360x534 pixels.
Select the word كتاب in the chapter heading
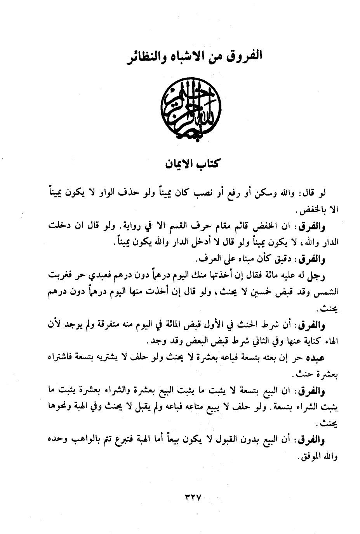[x=207, y=163]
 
